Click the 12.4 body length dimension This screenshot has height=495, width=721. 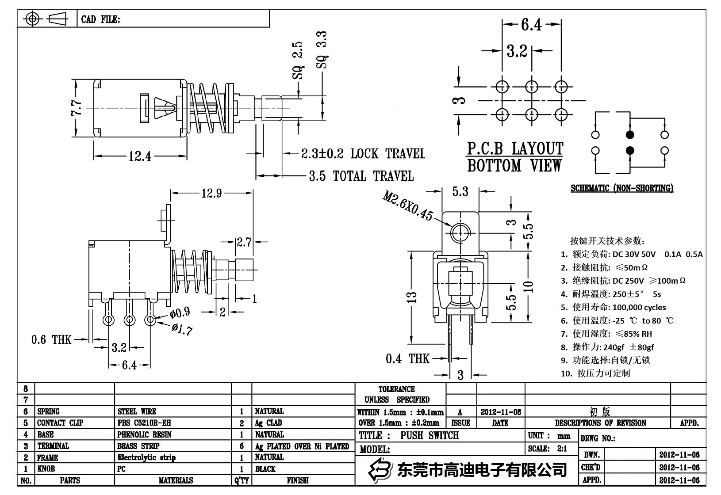click(x=140, y=156)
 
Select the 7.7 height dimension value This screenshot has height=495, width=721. click(x=76, y=107)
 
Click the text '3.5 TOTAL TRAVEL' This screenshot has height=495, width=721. click(x=361, y=176)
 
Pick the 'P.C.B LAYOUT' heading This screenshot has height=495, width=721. click(x=515, y=148)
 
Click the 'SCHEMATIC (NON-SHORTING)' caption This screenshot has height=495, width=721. click(x=622, y=188)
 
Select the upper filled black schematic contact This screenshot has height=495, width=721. click(x=630, y=135)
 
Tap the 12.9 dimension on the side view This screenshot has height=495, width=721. click(x=211, y=193)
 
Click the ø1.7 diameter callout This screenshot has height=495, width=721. click(x=182, y=329)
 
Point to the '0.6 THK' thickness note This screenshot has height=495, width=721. click(x=51, y=339)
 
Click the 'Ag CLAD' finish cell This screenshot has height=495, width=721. click(x=268, y=423)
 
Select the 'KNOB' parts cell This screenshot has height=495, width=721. click(x=46, y=468)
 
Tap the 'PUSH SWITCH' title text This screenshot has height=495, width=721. click(x=430, y=435)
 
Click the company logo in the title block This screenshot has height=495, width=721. click(x=381, y=469)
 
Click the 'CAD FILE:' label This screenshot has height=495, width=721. click(x=100, y=19)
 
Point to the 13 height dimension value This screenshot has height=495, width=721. click(x=412, y=296)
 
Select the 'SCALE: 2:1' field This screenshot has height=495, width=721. click(x=547, y=448)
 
